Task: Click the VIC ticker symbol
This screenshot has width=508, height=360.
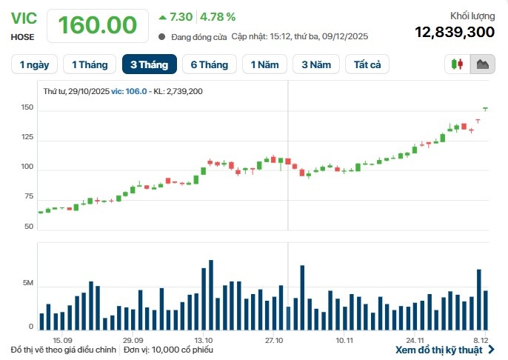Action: pyautogui.click(x=23, y=18)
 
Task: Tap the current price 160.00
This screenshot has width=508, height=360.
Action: pyautogui.click(x=97, y=25)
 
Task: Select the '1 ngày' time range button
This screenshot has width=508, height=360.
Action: pyautogui.click(x=34, y=65)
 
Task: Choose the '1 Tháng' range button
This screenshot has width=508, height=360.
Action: pyautogui.click(x=89, y=65)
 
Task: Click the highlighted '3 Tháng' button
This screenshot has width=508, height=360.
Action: pyautogui.click(x=149, y=65)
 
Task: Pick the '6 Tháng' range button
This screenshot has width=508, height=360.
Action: pyautogui.click(x=209, y=65)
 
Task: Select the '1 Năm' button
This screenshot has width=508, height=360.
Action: pyautogui.click(x=264, y=65)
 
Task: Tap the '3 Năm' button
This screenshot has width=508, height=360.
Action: pyautogui.click(x=315, y=65)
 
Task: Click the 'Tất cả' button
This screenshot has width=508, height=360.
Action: pyautogui.click(x=367, y=65)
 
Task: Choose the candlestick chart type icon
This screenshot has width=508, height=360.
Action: pyautogui.click(x=458, y=64)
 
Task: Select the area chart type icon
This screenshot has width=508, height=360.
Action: pyautogui.click(x=483, y=64)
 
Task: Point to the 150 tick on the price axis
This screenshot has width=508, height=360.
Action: pyautogui.click(x=27, y=108)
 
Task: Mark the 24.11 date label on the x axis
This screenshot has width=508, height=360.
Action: pyautogui.click(x=415, y=340)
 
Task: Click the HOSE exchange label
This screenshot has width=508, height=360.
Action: pyautogui.click(x=22, y=36)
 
